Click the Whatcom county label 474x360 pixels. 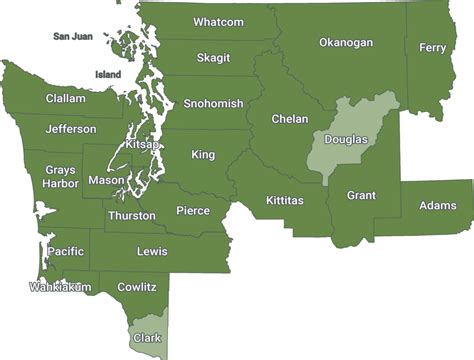point(218,22)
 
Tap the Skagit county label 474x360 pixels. point(213,58)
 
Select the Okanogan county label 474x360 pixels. point(345,43)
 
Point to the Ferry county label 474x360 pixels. point(432,48)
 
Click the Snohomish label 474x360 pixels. point(213,104)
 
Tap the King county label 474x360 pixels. point(203,155)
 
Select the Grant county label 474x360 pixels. point(361,196)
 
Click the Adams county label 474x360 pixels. point(438,206)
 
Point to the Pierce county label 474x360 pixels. point(193,211)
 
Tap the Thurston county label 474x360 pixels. point(131,216)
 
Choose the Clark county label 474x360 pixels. point(147,338)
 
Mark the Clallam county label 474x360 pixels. point(65,99)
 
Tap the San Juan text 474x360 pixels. point(74,37)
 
